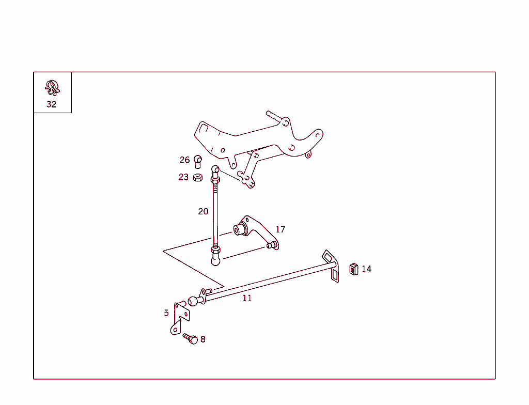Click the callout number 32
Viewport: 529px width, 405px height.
click(x=51, y=104)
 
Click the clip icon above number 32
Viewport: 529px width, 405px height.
click(x=52, y=88)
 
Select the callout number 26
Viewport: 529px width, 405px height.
click(x=184, y=160)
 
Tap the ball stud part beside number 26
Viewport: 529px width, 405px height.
click(x=198, y=162)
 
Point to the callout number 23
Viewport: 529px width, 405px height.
click(x=183, y=177)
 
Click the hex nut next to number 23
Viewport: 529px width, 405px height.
click(x=198, y=178)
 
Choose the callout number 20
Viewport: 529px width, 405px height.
click(x=203, y=211)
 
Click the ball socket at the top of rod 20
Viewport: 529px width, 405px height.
click(x=215, y=169)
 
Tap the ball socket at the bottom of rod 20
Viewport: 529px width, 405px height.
click(x=215, y=260)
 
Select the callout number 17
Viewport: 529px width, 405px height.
click(x=281, y=229)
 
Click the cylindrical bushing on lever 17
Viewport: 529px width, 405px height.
click(x=240, y=229)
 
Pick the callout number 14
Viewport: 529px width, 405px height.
click(x=367, y=269)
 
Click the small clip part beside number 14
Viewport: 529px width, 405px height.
click(x=353, y=269)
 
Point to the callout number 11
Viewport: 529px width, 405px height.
click(x=247, y=299)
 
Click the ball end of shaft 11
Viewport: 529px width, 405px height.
click(x=193, y=301)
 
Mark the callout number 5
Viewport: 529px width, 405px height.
click(x=166, y=313)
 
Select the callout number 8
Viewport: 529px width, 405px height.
click(x=203, y=339)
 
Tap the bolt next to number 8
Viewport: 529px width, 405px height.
click(x=191, y=338)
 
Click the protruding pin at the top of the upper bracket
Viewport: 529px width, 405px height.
click(x=274, y=116)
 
